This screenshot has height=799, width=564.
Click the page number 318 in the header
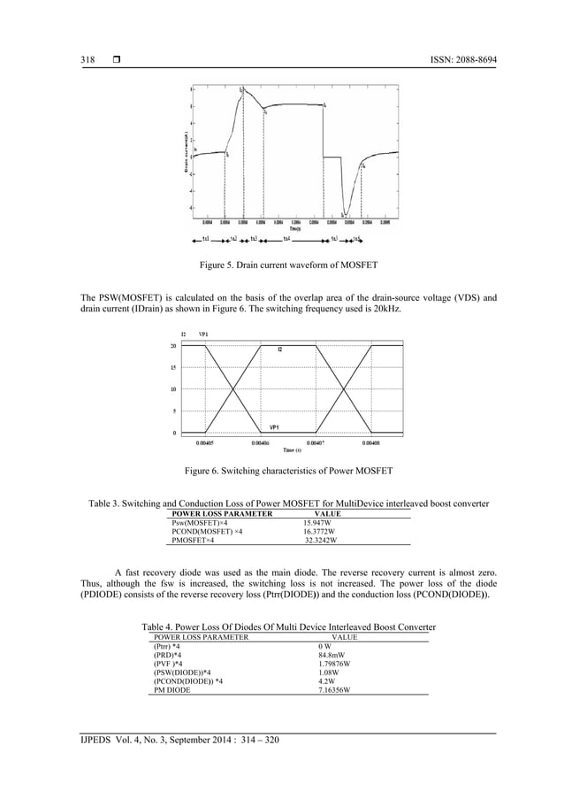point(88,59)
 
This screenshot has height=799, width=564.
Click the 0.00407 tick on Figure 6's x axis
point(316,442)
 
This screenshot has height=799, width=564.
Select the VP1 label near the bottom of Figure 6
point(275,426)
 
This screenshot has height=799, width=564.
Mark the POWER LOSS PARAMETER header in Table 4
point(201,636)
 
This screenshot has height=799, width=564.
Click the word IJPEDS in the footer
point(96,740)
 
